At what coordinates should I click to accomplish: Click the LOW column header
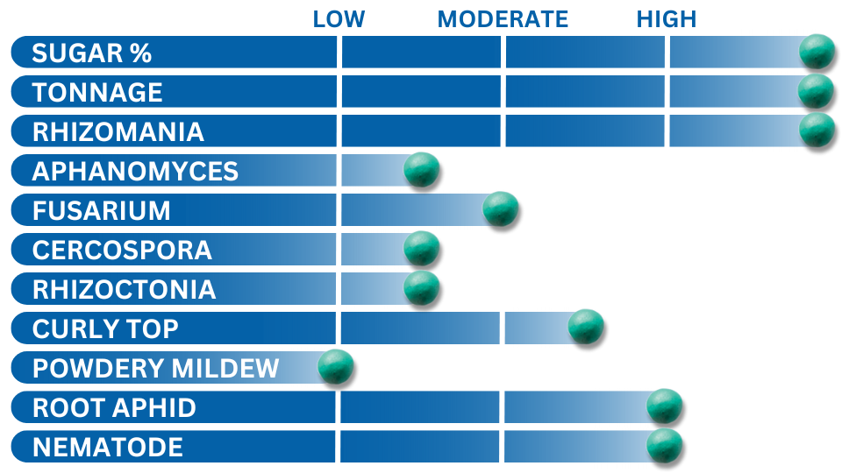[x=339, y=19]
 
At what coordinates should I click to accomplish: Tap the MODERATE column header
[x=503, y=19]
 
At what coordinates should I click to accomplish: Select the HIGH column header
[x=667, y=19]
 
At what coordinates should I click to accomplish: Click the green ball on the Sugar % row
[x=817, y=52]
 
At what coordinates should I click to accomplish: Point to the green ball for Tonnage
[x=816, y=91]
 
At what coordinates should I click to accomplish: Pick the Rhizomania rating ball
[x=817, y=130]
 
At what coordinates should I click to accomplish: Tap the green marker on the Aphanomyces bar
[x=422, y=169]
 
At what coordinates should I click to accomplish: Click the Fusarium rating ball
[x=501, y=208]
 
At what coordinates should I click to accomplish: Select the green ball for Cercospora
[x=422, y=248]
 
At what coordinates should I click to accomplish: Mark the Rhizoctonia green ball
[x=422, y=288]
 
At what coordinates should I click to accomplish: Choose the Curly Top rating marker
[x=586, y=327]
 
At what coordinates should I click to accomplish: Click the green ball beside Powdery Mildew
[x=336, y=367]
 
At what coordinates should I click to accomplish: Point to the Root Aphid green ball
[x=664, y=406]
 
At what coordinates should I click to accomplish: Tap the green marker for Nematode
[x=664, y=446]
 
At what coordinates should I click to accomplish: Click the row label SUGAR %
[x=92, y=53]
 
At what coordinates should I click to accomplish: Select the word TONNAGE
[x=97, y=92]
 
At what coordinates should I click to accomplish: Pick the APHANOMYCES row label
[x=135, y=172]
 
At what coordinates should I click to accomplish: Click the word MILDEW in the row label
[x=225, y=369]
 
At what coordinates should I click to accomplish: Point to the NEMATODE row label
[x=108, y=448]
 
